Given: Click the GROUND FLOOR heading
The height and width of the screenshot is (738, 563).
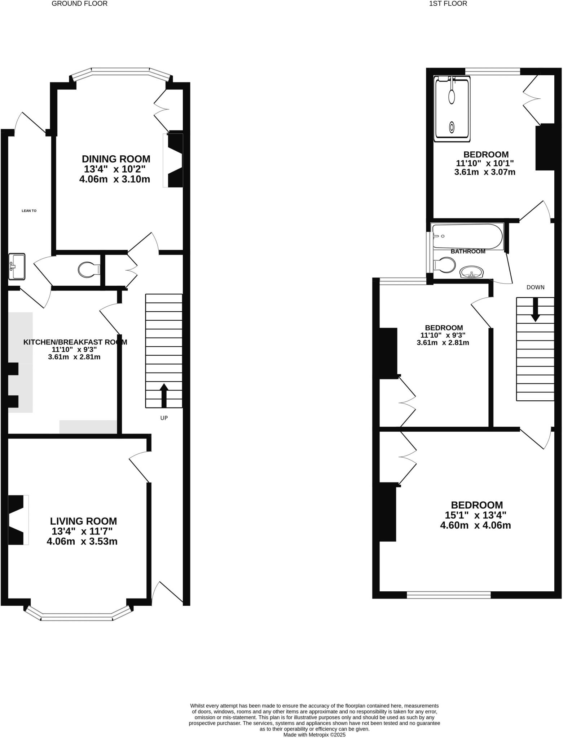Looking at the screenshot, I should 79,4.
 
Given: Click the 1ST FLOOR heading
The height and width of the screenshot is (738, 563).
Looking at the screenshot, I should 448,4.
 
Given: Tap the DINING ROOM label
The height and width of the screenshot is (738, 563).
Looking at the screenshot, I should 116,159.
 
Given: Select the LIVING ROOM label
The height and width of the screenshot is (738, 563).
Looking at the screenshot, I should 83,521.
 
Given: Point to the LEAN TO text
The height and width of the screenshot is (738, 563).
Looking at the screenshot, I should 29,211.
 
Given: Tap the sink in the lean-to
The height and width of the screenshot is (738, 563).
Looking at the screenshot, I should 17,267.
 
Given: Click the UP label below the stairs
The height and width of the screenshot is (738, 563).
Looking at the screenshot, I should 164,418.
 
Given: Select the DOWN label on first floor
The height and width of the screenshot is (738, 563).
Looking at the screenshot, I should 535,287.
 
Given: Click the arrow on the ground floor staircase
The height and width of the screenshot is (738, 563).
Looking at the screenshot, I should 164,395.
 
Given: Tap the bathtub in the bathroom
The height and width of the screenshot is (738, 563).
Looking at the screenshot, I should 467,236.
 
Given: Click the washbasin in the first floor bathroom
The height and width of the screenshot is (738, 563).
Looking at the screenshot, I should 472,272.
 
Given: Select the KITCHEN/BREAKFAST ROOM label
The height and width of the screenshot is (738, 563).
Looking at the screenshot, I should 75,342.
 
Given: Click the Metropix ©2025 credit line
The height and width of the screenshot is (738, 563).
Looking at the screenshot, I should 314,734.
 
